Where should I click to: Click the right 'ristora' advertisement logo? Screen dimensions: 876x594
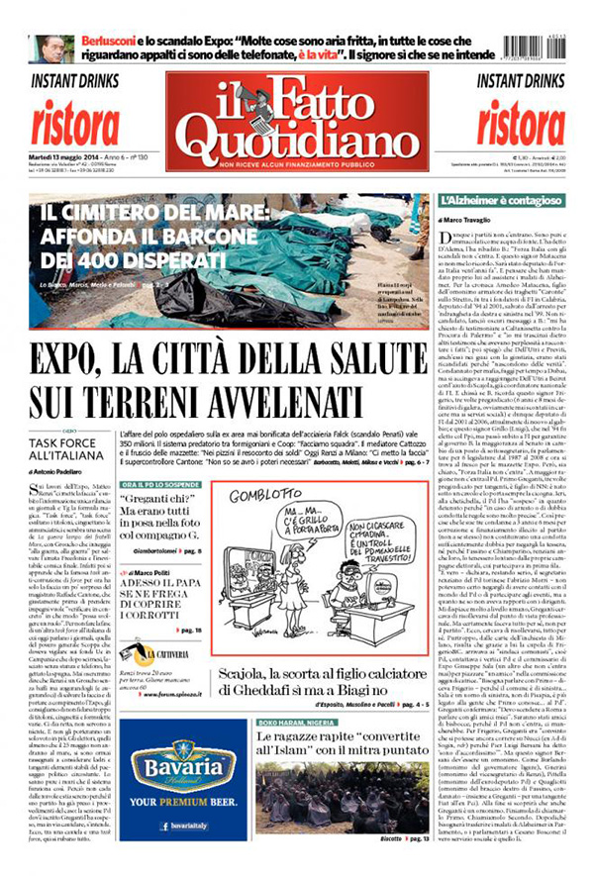(521, 122)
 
